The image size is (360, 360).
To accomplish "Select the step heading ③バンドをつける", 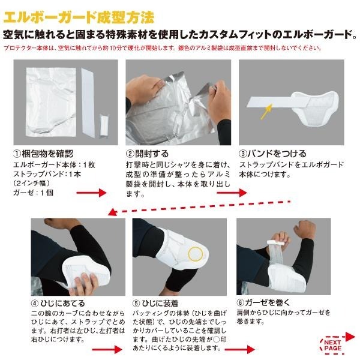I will [268, 154].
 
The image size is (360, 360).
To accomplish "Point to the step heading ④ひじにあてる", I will [55, 302].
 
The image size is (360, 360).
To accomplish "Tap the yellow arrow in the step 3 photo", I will [266, 110].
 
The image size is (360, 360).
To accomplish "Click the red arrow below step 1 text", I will [91, 193].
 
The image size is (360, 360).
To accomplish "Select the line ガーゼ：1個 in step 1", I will [32, 193].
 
